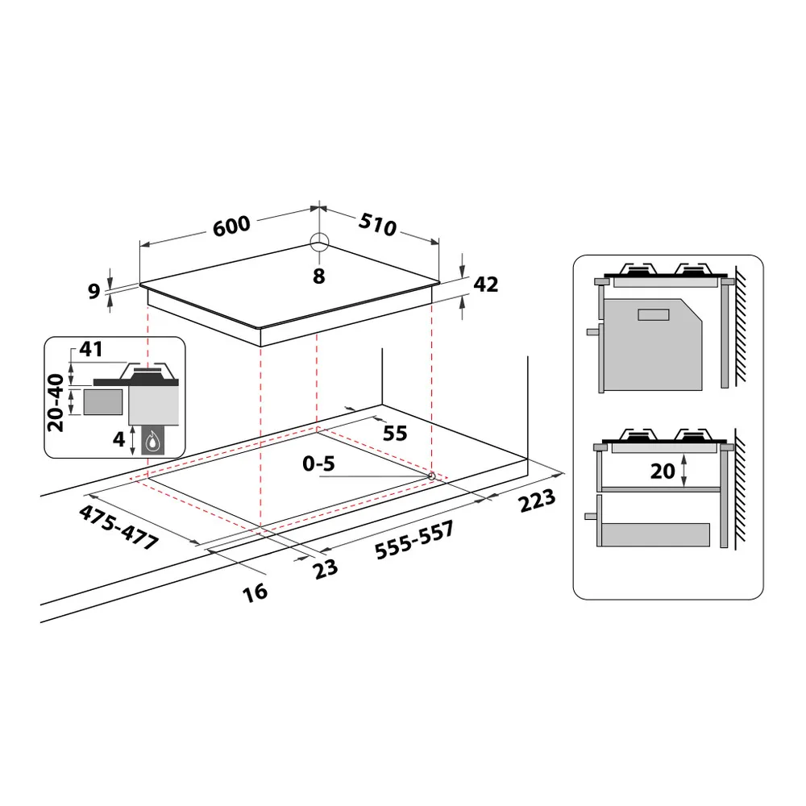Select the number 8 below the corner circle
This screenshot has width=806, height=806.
(x=319, y=276)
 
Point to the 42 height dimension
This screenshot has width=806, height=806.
(x=485, y=285)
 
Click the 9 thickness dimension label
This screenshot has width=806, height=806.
(x=93, y=291)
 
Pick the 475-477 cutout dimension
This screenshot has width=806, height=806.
(x=118, y=528)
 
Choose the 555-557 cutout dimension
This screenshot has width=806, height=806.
(x=414, y=540)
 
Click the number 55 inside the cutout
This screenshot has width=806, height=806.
(x=394, y=433)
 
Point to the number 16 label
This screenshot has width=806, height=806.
(x=255, y=592)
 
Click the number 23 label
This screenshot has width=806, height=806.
(x=325, y=568)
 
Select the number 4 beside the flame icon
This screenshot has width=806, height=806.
(x=118, y=440)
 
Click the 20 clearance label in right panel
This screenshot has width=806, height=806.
(x=663, y=471)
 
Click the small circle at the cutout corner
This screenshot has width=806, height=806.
(x=432, y=476)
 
